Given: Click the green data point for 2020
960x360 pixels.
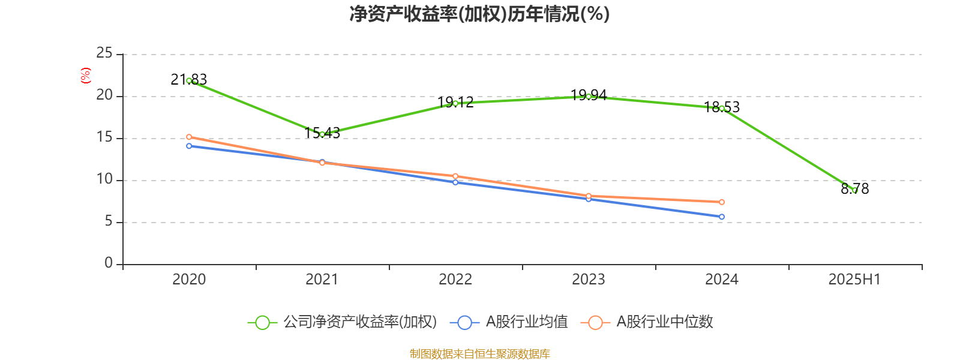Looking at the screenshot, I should click(x=189, y=80).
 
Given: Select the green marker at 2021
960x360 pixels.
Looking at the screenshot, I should click(x=322, y=134).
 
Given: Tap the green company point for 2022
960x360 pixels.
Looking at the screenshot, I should click(x=455, y=103).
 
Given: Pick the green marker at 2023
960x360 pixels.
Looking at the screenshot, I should click(x=589, y=96).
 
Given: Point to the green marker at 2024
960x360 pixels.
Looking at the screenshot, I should click(x=722, y=108).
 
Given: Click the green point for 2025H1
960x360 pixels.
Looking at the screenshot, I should click(x=855, y=190).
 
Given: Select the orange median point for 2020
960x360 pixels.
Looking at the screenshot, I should click(x=189, y=137).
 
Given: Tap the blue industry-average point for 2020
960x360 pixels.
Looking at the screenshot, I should click(x=189, y=146).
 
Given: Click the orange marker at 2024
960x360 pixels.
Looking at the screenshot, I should click(x=722, y=202).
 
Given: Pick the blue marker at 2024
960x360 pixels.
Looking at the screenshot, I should click(x=722, y=217).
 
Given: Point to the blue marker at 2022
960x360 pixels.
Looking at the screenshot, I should click(x=455, y=182).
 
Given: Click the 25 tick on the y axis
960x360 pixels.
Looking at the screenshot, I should click(x=104, y=53).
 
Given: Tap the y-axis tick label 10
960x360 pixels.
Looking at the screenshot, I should click(x=104, y=179).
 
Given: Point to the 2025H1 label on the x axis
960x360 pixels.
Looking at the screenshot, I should click(x=854, y=279).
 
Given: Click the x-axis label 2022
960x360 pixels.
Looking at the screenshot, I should click(x=455, y=279).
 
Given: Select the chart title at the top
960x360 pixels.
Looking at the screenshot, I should click(x=479, y=14).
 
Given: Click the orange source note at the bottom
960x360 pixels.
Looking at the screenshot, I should click(x=479, y=353).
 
